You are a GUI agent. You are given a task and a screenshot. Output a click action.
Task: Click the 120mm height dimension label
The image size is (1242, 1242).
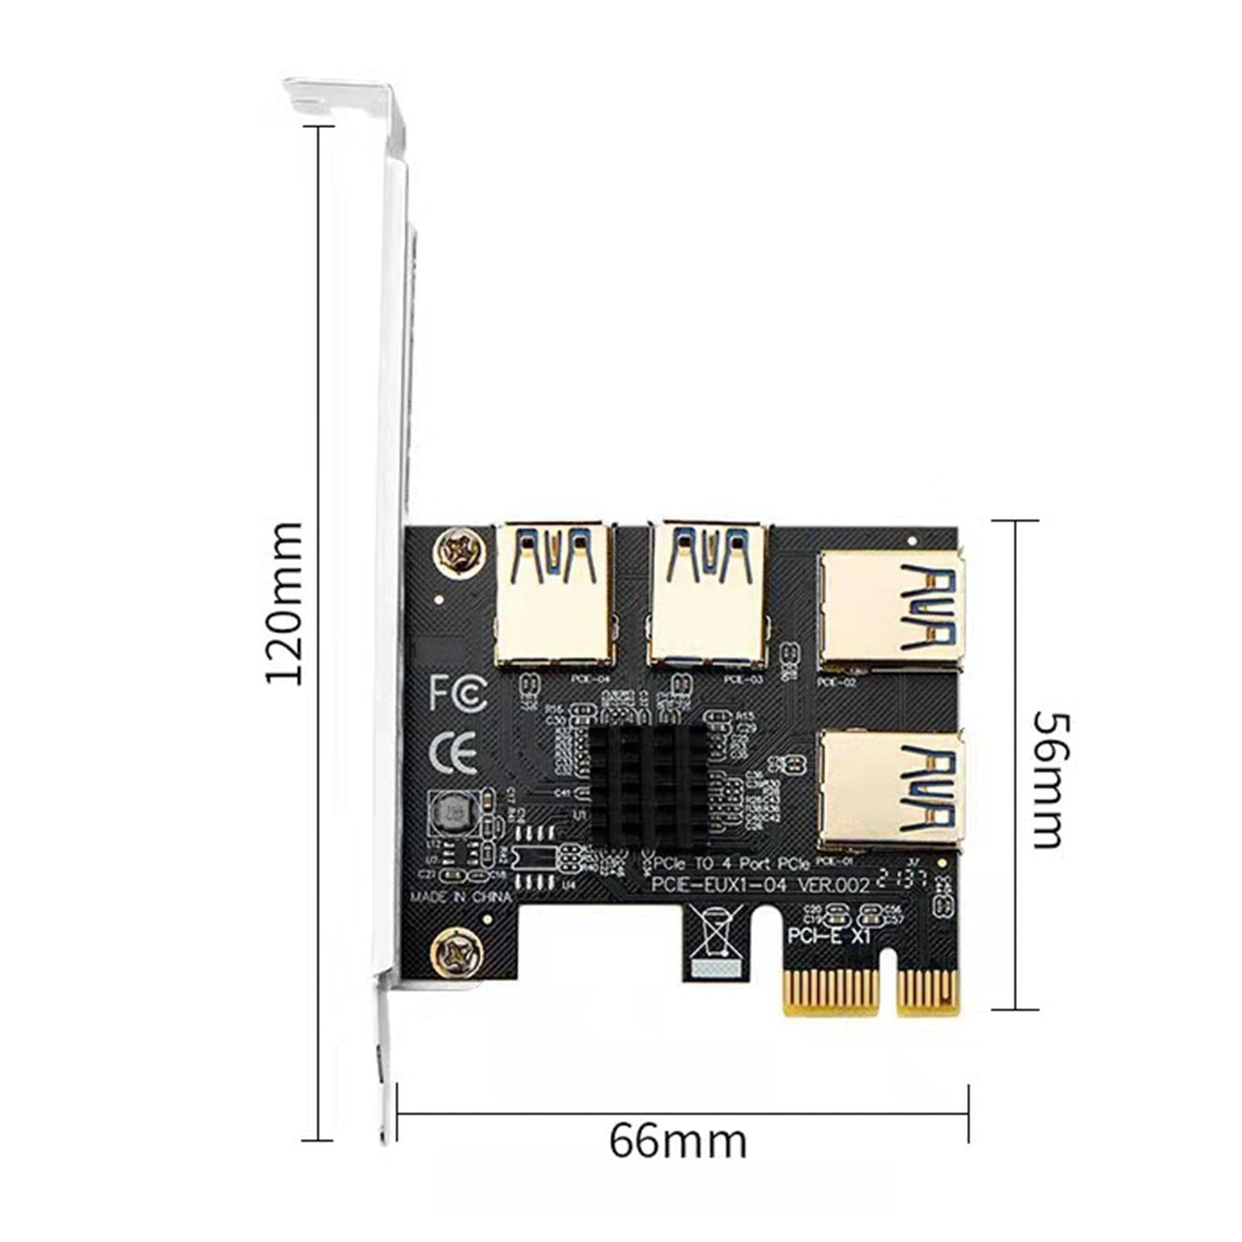(284, 602)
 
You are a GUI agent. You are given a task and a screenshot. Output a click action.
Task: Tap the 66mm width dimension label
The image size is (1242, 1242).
(678, 1141)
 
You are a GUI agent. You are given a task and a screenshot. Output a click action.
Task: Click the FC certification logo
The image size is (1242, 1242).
(457, 692)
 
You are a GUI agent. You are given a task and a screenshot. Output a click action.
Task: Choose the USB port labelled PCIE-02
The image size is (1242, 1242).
(890, 610)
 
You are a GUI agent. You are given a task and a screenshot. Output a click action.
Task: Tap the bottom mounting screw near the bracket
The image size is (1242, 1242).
(453, 951)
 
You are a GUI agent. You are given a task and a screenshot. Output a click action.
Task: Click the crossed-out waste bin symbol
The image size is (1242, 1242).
(715, 933)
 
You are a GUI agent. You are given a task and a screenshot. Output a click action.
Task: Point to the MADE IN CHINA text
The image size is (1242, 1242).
(460, 896)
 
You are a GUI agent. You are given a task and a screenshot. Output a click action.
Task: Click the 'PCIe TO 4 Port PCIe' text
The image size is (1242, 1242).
(731, 863)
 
